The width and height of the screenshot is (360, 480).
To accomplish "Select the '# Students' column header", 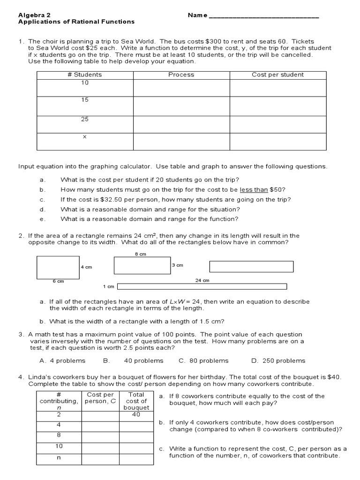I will [85, 75].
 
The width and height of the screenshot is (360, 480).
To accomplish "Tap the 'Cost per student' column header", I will [277, 75].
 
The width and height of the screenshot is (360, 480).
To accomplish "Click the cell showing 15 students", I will [85, 100].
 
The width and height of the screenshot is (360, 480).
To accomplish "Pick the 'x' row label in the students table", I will [85, 137].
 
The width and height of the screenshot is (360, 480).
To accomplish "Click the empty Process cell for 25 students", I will [181, 125].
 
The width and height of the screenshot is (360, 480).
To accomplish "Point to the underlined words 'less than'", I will [254, 189].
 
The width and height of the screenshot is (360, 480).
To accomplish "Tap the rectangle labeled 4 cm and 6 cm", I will [52, 268].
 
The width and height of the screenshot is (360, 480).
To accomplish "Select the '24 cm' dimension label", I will [202, 280].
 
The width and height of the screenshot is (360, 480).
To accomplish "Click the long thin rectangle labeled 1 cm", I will [202, 286].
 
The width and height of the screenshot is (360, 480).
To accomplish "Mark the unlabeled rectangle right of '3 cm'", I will [251, 267].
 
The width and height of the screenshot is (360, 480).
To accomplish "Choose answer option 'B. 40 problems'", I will [133, 360].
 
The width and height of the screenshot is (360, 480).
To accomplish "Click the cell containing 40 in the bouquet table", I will [136, 414].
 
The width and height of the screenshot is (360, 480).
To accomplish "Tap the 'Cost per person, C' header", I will [100, 398].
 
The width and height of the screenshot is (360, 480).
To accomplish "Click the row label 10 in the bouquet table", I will [59, 446].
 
